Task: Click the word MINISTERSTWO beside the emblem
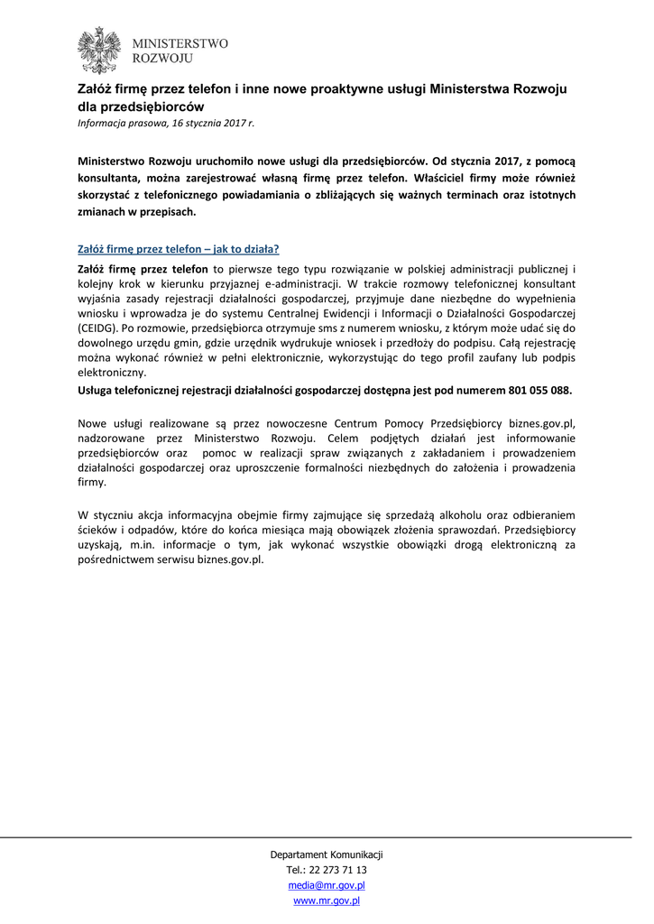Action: point(180,43)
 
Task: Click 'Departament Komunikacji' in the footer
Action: point(327,855)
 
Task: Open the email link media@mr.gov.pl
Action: point(327,885)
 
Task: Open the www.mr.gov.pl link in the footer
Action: point(327,901)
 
